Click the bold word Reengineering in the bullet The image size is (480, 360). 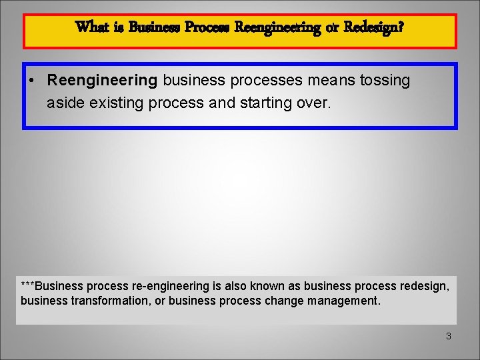pos(102,81)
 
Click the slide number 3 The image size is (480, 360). pos(449,336)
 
